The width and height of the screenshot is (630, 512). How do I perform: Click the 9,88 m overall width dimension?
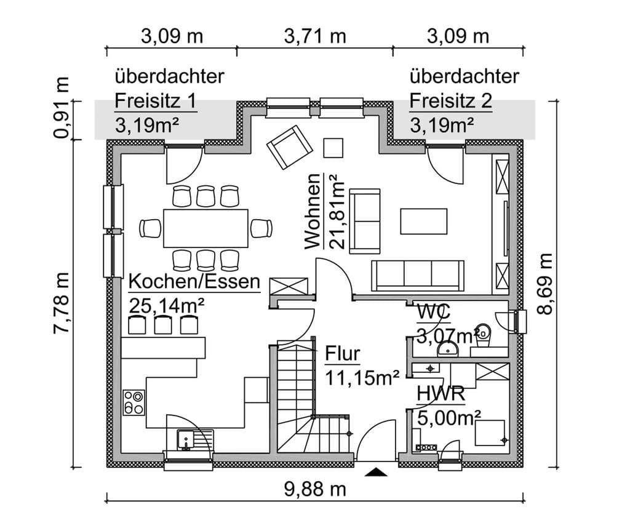pyautogui.click(x=315, y=489)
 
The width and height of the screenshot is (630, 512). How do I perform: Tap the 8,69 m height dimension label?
pyautogui.click(x=545, y=284)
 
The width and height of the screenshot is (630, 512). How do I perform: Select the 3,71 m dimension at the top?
pyautogui.click(x=315, y=36)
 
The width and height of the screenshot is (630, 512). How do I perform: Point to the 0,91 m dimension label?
pyautogui.click(x=62, y=108)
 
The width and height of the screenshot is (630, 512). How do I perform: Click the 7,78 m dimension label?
pyautogui.click(x=62, y=303)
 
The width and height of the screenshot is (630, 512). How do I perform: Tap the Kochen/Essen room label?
pyautogui.click(x=194, y=282)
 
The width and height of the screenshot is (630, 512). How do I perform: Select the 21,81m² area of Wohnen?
pyautogui.click(x=337, y=212)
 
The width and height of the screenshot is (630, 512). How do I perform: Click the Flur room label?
pyautogui.click(x=342, y=354)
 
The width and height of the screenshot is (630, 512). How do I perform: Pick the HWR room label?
pyautogui.click(x=441, y=393)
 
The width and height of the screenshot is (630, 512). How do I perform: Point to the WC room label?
pyautogui.click(x=434, y=312)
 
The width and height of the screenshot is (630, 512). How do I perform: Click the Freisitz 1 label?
pyautogui.click(x=156, y=101)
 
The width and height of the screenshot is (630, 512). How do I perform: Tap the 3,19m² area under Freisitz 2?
pyautogui.click(x=442, y=126)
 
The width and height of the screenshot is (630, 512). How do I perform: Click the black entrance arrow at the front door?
pyautogui.click(x=376, y=472)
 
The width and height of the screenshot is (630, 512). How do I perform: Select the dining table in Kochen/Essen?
pyautogui.click(x=205, y=228)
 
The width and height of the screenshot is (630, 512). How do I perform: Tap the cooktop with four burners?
pyautogui.click(x=134, y=402)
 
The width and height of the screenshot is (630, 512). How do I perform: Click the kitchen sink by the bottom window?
pyautogui.click(x=196, y=439)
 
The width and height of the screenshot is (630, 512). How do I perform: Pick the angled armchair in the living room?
pyautogui.click(x=290, y=147)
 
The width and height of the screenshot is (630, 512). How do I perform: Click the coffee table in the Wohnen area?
pyautogui.click(x=424, y=221)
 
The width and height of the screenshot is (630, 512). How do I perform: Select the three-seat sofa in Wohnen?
pyautogui.click(x=418, y=276)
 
